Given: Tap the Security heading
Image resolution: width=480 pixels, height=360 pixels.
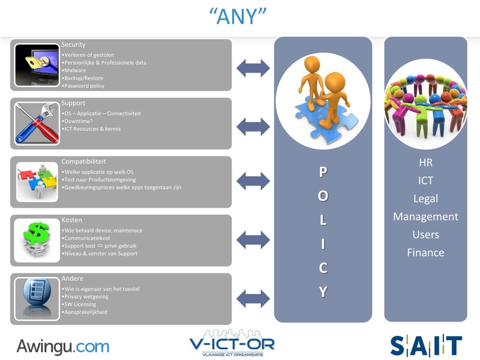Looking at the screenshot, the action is (74, 45).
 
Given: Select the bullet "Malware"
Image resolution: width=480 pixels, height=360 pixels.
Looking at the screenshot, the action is (75, 70).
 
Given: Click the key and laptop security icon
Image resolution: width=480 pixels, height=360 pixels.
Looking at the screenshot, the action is (37, 65).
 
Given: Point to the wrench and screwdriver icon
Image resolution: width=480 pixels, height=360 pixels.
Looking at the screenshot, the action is (37, 123).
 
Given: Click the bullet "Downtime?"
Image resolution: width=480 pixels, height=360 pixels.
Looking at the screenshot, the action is (78, 121).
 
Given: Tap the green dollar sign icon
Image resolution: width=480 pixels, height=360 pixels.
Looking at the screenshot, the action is (37, 240).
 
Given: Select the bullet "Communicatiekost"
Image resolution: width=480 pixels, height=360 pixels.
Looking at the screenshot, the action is (87, 238).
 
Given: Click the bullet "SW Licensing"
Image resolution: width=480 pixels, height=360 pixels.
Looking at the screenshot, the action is (80, 304).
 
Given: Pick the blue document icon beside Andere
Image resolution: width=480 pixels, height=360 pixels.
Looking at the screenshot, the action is (37, 298).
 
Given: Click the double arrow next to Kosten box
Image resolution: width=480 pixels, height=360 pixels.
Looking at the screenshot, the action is (253, 240).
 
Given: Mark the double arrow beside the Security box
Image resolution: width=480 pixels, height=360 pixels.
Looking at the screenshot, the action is (253, 68).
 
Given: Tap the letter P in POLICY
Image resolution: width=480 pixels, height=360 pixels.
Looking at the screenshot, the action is (323, 172).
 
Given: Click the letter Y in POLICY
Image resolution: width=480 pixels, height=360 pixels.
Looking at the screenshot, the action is (323, 292).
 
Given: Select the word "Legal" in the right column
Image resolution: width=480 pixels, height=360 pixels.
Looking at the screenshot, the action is (426, 199).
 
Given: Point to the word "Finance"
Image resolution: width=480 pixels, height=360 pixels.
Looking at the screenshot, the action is (426, 253).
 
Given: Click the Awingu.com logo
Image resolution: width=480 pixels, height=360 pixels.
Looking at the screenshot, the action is (63, 347).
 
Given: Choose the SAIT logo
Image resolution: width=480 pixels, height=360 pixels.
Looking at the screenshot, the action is (426, 345).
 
